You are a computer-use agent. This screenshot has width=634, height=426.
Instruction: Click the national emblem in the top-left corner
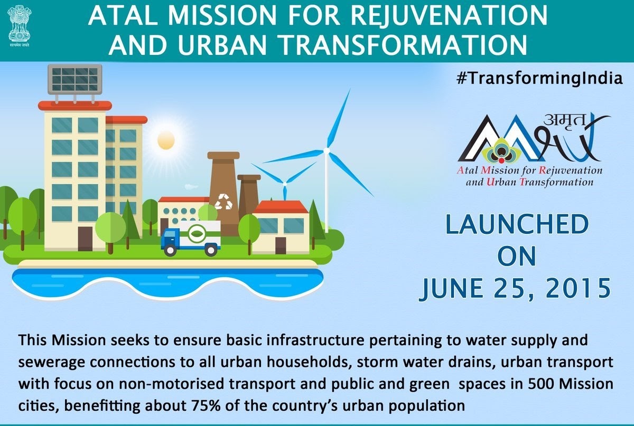click(x=20, y=26)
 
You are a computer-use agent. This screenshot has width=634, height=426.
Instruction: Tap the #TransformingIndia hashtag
click(x=539, y=78)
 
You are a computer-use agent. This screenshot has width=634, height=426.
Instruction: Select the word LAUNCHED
click(x=517, y=224)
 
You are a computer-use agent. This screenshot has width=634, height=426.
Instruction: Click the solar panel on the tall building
click(x=75, y=80)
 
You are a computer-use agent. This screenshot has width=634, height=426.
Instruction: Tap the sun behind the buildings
click(x=166, y=140)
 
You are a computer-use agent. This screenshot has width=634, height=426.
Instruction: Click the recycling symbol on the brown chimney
click(x=223, y=202)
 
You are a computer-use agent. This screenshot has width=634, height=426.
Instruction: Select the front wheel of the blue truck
click(x=170, y=250)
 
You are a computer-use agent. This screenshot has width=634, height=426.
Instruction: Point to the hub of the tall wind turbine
click(x=327, y=151)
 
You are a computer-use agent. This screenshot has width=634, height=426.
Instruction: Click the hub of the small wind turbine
click(x=285, y=184)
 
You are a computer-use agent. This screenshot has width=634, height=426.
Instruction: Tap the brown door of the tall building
click(x=85, y=239)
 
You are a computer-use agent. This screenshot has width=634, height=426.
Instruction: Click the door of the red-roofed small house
click(x=281, y=245)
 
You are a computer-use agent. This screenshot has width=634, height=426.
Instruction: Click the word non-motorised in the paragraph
click(x=172, y=384)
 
